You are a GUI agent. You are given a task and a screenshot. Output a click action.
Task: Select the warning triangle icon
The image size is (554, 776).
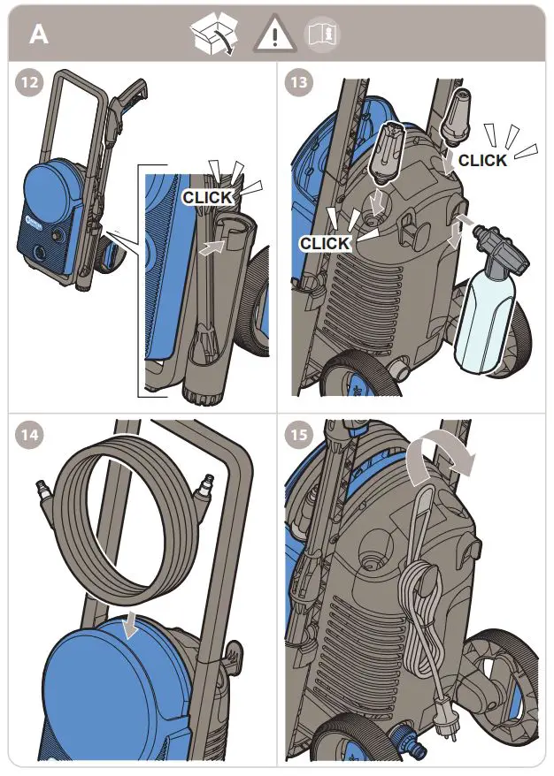(275, 35)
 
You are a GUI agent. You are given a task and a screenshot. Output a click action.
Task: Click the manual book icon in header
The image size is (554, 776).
(322, 34)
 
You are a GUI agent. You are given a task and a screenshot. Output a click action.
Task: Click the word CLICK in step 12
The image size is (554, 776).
(207, 197)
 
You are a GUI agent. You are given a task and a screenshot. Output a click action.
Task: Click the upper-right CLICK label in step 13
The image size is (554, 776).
(482, 161)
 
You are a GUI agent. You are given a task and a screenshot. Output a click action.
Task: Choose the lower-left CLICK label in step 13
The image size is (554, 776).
(325, 242)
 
